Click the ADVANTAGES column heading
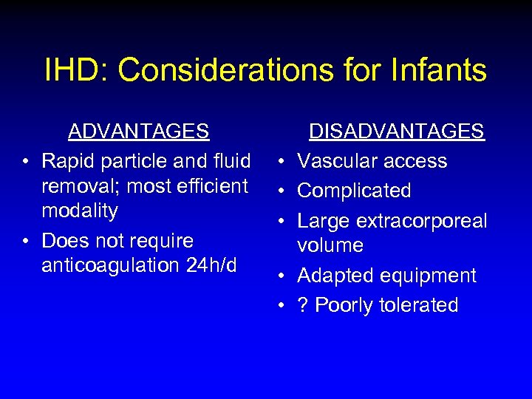coord(139,132)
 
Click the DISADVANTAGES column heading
coord(396,132)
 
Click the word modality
coord(80,211)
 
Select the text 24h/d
coord(211,265)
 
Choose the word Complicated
coord(354,191)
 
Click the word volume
coord(330,245)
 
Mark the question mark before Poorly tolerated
coord(302,305)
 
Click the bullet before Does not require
coord(26,241)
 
